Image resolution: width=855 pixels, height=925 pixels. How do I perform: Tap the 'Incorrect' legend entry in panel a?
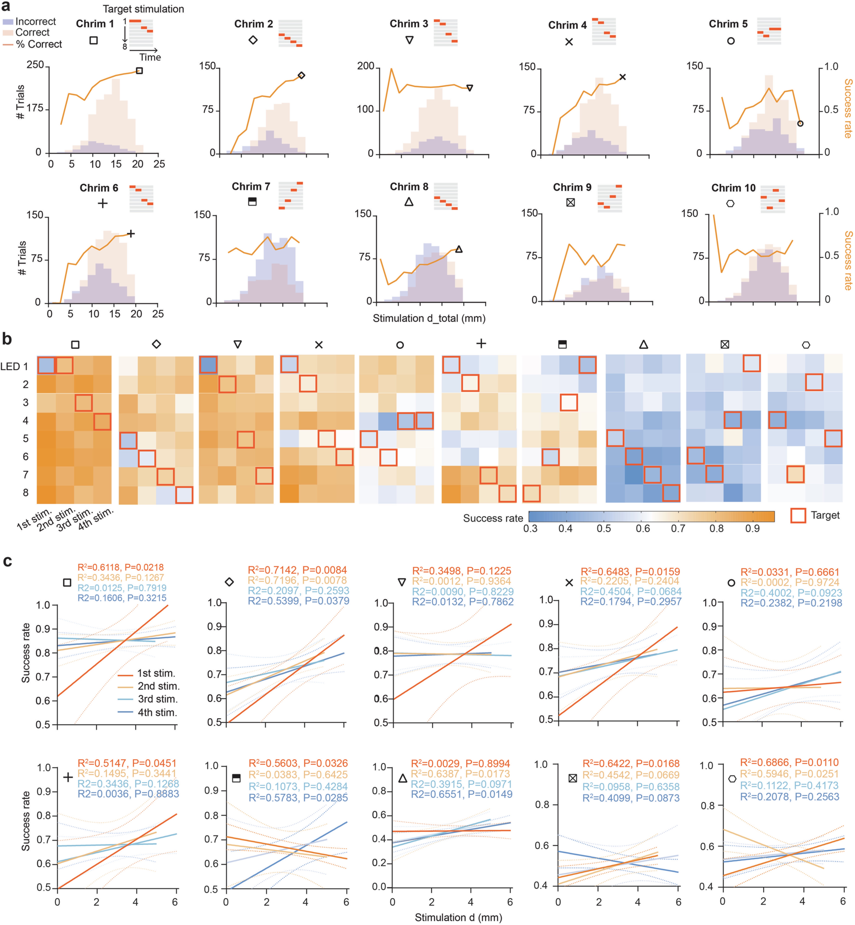(35, 21)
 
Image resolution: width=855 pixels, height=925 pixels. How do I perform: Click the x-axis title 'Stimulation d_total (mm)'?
(429, 318)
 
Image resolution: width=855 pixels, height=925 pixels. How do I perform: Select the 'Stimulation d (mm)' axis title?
(458, 917)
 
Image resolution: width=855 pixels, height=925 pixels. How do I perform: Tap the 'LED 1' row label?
(14, 367)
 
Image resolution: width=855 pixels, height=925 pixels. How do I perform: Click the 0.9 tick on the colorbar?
(752, 529)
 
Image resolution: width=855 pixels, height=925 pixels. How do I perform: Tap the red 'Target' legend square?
(798, 515)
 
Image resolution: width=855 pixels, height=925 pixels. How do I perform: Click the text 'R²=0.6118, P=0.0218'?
(120, 567)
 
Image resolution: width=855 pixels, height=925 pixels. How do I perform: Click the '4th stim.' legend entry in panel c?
(157, 712)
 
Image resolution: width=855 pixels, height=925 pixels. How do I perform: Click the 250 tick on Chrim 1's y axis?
(35, 65)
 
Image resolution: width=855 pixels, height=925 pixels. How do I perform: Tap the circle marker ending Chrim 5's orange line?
(800, 124)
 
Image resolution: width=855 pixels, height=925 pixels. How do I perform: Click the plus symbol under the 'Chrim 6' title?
(103, 203)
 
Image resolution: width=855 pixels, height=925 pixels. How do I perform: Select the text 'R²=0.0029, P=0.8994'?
(460, 763)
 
